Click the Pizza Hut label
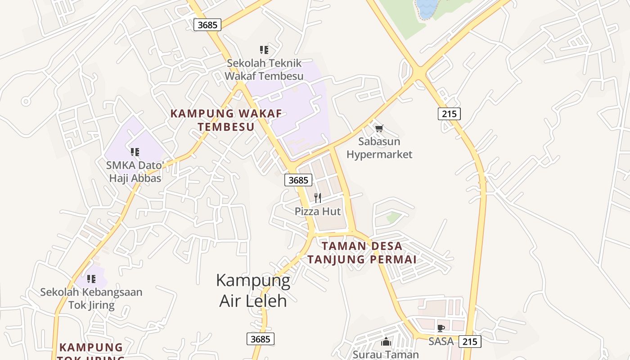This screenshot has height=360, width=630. [318, 211]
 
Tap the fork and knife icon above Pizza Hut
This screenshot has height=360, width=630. [318, 198]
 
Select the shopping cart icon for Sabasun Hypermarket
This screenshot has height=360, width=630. [379, 129]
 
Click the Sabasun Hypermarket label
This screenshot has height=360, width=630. [379, 148]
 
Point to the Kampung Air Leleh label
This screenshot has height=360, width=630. [253, 290]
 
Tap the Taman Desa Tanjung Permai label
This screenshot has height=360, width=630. [368, 253]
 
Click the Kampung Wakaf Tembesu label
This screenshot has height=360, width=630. [226, 120]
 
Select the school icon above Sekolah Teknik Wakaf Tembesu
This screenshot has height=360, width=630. [264, 49]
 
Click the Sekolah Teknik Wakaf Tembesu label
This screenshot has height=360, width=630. [264, 69]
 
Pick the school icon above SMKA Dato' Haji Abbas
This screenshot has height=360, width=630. [135, 152]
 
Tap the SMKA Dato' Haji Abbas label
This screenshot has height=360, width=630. [135, 171]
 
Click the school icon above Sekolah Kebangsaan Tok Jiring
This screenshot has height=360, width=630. [91, 279]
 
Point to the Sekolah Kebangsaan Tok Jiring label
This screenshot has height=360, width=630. [91, 298]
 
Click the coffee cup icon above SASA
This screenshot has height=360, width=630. [441, 328]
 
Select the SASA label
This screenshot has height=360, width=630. [441, 341]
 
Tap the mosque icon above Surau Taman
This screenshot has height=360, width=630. [386, 342]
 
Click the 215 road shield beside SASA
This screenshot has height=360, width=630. [470, 342]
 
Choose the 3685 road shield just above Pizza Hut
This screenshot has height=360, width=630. [298, 180]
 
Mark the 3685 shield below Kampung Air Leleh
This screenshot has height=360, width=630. [260, 339]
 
